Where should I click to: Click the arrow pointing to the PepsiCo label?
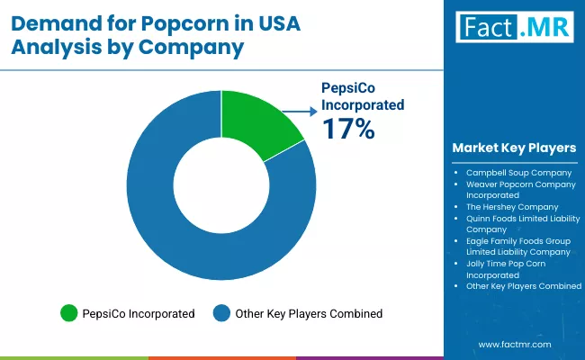(x=300, y=112)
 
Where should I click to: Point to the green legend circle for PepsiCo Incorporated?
(x=68, y=313)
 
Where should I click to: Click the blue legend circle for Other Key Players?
(x=221, y=313)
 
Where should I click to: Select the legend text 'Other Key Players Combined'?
(x=309, y=314)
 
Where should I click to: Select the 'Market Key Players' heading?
(x=515, y=148)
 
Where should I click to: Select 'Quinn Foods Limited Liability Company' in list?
(x=522, y=223)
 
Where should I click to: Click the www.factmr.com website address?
(x=514, y=345)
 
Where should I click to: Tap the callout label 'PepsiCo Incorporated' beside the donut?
(x=363, y=95)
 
